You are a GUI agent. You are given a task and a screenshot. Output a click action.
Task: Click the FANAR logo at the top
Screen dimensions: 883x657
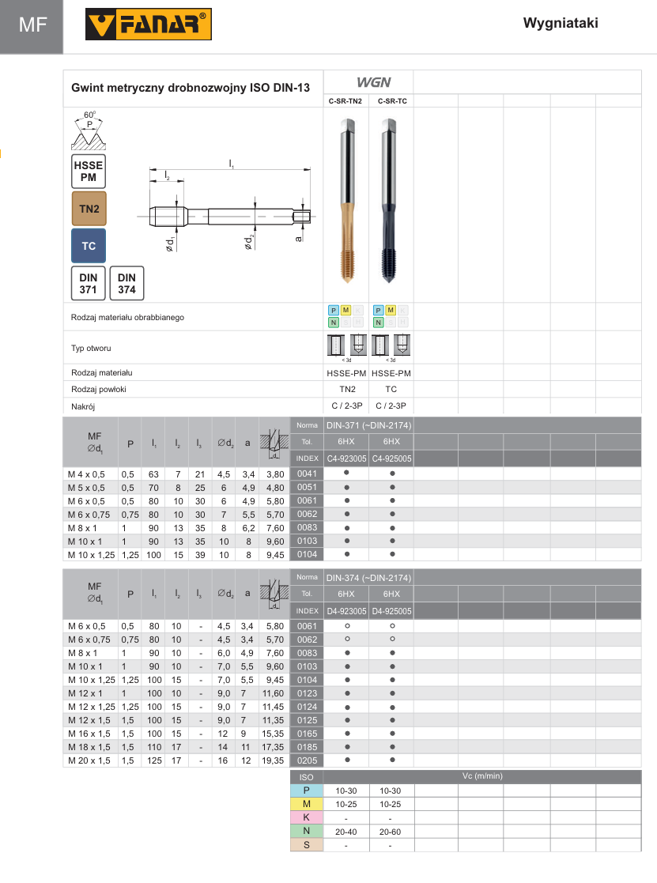coord(149,25)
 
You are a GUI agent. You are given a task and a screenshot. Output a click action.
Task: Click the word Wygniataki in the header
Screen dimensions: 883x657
coord(561,23)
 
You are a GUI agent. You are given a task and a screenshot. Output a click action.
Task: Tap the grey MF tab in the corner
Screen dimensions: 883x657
coord(32,25)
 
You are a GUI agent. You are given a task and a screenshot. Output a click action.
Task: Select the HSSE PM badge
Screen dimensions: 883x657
coord(89,172)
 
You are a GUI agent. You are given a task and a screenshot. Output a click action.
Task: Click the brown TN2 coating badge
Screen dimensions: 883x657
coord(89,209)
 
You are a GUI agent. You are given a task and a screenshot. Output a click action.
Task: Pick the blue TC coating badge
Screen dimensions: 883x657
coord(89,246)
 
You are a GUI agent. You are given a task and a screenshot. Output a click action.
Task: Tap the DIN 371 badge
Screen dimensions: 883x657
coord(89,284)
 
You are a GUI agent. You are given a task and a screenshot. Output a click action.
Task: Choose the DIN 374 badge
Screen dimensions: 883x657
coord(126,284)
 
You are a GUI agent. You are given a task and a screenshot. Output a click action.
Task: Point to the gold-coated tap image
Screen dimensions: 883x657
coord(347,202)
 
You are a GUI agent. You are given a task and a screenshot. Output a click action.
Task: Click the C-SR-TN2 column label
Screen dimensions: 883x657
coord(346,101)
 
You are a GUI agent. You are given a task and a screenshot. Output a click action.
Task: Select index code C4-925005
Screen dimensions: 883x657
coord(391,458)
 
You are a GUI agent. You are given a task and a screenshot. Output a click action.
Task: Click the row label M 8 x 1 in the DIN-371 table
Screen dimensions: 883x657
coord(82,527)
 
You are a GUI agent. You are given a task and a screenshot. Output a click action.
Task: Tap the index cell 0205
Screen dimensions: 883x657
coord(307,760)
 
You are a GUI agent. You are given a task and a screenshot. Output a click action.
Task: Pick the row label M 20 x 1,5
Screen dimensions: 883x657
coord(89,760)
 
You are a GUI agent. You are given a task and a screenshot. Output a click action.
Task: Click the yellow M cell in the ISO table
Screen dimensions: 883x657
coord(307,804)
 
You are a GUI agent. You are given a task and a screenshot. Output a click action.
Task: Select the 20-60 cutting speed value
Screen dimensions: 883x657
coord(391,832)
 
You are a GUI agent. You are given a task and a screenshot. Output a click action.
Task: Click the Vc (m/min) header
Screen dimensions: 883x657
coord(481,776)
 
